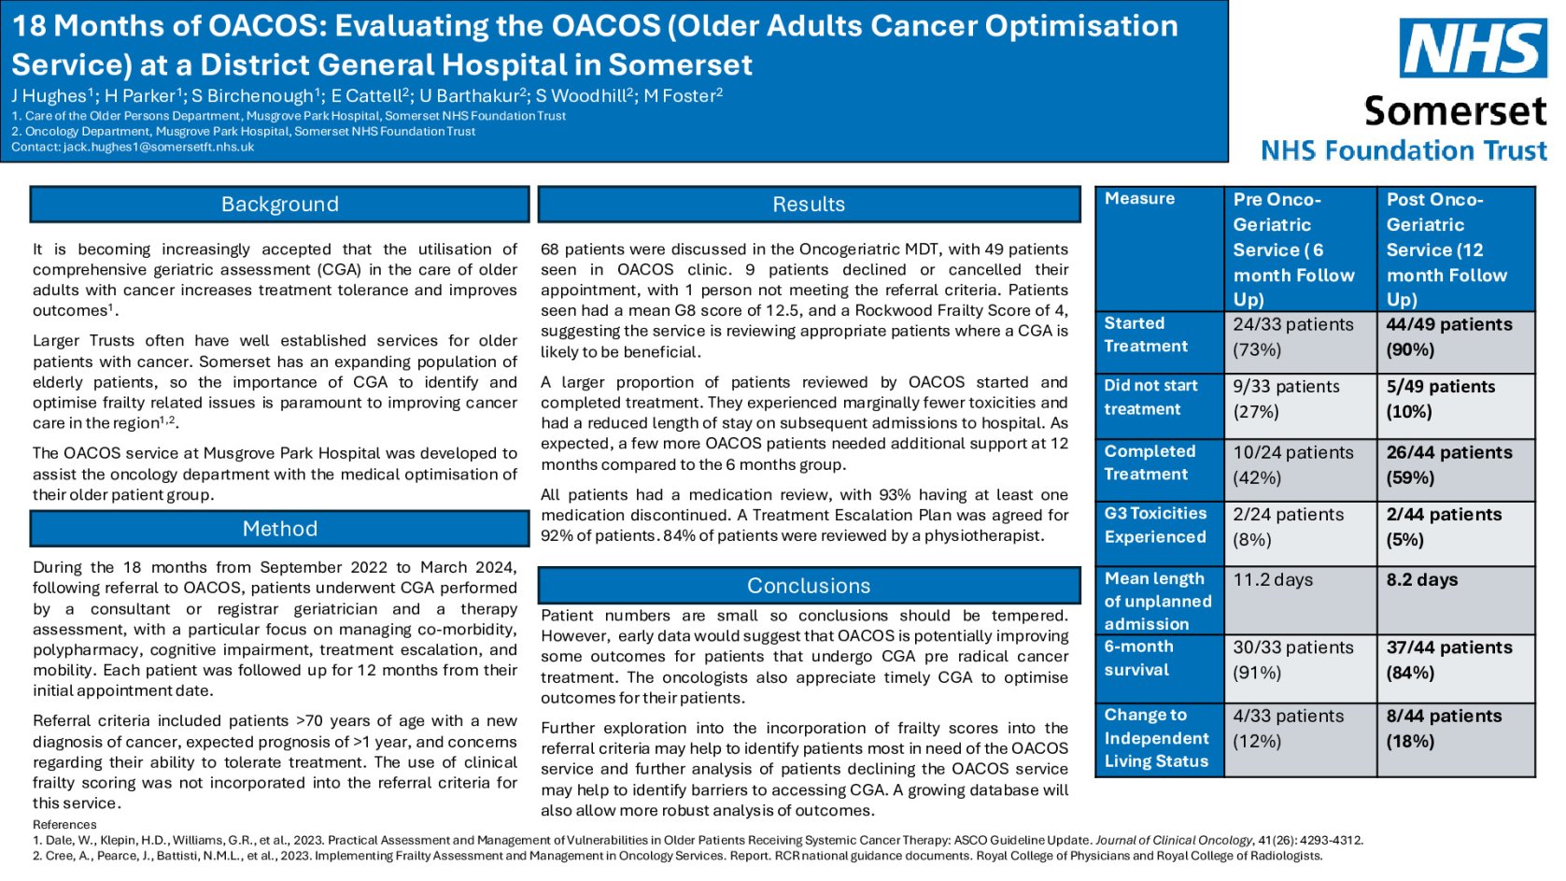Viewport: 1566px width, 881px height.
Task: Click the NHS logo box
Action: [1472, 49]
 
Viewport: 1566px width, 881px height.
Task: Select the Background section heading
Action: [279, 205]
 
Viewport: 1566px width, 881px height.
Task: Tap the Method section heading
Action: [279, 529]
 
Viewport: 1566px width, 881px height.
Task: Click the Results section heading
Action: [809, 205]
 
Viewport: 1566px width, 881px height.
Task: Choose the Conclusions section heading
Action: [809, 586]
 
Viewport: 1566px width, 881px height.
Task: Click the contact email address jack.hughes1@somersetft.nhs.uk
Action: [159, 147]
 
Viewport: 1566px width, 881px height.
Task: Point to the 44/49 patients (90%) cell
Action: [1454, 337]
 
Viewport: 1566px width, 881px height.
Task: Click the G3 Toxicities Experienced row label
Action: [1158, 525]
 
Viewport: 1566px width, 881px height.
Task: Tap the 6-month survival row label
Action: [1158, 658]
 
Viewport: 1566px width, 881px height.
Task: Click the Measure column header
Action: [1158, 199]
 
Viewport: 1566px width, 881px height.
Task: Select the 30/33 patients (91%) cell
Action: [1300, 660]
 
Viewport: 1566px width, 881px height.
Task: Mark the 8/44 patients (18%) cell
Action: [1454, 729]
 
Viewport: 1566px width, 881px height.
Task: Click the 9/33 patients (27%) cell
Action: [1300, 399]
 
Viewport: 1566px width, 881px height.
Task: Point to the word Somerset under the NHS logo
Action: [1455, 111]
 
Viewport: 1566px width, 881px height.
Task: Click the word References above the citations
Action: [64, 824]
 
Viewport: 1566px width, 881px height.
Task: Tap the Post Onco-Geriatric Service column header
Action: [1454, 249]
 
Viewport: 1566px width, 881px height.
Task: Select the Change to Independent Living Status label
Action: [1158, 738]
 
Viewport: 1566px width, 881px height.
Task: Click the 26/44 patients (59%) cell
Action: [1454, 464]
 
